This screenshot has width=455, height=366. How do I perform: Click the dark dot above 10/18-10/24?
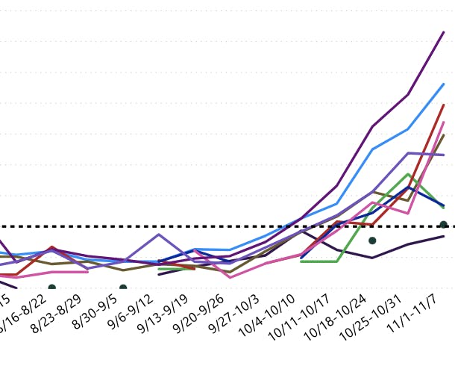(372, 241)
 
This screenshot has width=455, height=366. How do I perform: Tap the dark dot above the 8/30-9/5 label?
(123, 288)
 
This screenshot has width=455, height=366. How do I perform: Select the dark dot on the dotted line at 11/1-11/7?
(444, 225)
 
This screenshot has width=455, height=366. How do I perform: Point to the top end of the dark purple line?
(444, 32)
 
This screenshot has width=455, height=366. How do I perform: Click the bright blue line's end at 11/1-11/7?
(444, 84)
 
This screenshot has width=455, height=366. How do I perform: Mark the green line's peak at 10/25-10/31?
(408, 174)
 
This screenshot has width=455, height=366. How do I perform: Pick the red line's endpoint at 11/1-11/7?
(444, 105)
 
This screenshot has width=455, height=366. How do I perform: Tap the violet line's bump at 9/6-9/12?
(159, 235)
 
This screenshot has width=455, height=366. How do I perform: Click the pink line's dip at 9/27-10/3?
(230, 277)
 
